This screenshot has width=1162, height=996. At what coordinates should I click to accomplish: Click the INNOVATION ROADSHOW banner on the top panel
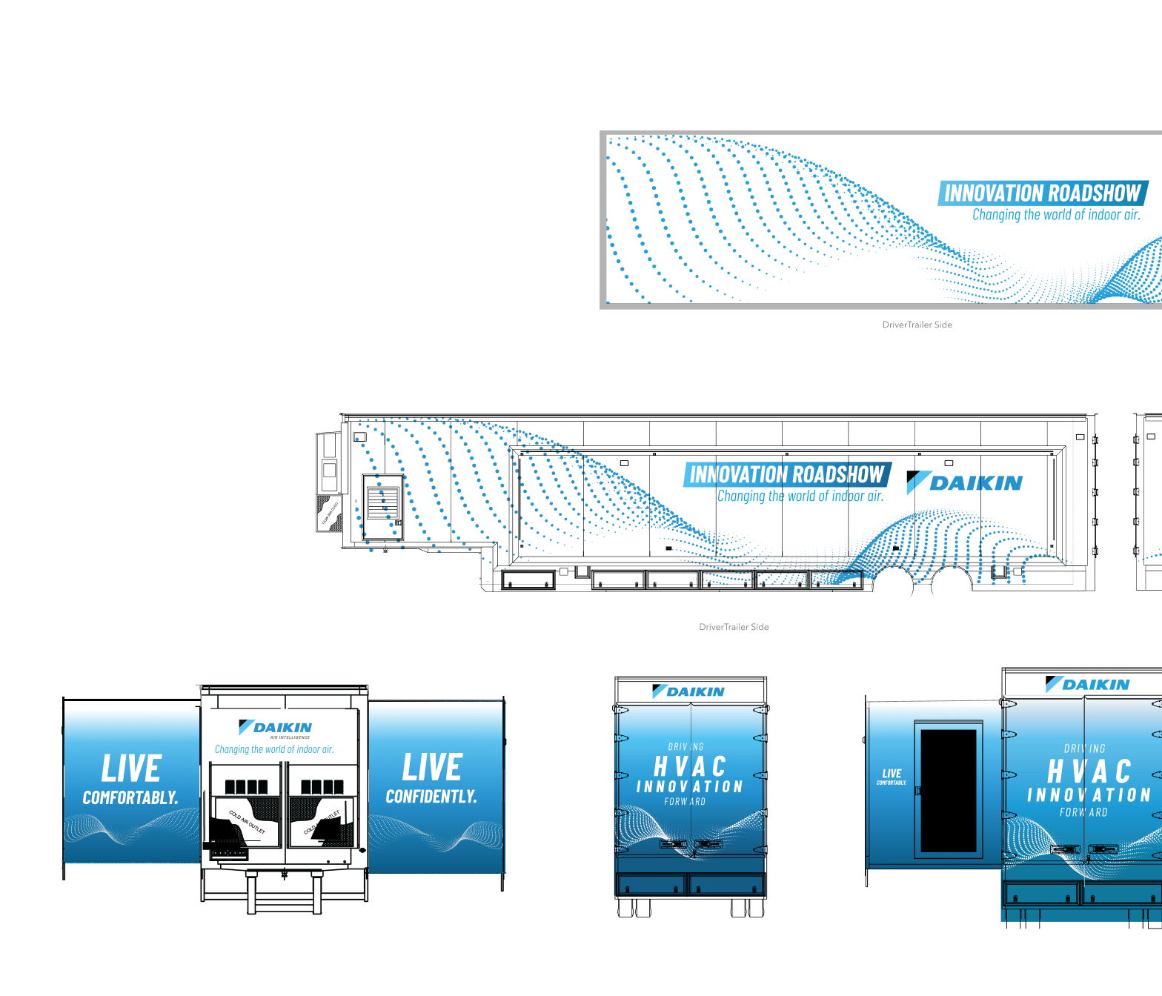click(1042, 193)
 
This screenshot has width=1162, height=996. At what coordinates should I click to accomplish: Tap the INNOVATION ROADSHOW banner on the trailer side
click(787, 474)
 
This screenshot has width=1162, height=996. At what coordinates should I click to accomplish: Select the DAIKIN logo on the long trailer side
click(965, 483)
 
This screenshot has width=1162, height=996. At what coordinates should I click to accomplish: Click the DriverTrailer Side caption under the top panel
click(917, 325)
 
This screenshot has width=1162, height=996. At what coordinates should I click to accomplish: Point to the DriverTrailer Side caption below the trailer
click(734, 627)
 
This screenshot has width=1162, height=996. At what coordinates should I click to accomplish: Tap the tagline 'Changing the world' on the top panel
click(1056, 215)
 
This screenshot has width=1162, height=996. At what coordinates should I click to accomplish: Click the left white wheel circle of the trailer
click(893, 587)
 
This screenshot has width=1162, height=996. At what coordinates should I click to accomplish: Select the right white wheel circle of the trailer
click(951, 587)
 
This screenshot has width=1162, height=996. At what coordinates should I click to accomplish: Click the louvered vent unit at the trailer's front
click(382, 504)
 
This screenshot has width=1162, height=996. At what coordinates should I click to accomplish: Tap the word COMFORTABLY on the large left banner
click(130, 798)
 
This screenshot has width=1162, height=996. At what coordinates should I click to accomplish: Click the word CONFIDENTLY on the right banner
click(431, 797)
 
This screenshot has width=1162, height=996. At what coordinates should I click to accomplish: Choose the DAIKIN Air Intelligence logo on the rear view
click(276, 728)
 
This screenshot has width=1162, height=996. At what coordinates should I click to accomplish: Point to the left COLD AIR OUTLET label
click(247, 822)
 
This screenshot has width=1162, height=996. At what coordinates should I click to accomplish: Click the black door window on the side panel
click(949, 790)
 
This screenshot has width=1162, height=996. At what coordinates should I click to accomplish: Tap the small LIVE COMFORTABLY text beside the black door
click(892, 776)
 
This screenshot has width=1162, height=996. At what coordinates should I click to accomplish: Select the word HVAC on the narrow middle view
click(689, 766)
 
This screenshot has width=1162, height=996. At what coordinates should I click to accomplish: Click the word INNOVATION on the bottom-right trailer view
click(1089, 795)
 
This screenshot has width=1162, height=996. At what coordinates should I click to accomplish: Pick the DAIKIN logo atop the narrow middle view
click(688, 691)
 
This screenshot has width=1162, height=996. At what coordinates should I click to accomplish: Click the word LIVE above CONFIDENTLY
click(432, 767)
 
